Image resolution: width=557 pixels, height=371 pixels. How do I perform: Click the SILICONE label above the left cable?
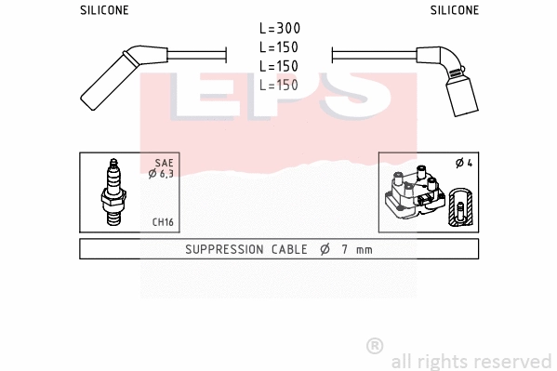tap(103, 10)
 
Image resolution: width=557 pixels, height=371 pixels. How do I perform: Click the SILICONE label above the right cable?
tap(454, 10)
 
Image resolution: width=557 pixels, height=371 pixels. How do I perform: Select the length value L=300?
tap(279, 29)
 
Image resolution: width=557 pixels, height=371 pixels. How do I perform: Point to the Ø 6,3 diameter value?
tap(160, 173)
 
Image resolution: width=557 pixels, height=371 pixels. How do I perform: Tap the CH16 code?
tap(163, 222)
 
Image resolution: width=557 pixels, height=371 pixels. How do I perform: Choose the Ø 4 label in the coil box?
tap(464, 163)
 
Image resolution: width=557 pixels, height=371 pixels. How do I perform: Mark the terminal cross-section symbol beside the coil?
tap(458, 206)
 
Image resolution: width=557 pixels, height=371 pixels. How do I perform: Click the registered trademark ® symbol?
tap(375, 346)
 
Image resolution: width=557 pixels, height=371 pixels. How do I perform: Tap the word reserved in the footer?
tap(514, 361)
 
